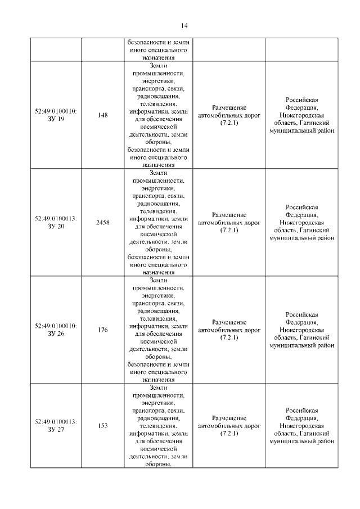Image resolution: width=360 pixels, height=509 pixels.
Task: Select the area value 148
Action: (103, 115)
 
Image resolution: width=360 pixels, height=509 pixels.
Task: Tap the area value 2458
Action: (103, 223)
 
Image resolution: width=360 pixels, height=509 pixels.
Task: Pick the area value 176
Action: (103, 330)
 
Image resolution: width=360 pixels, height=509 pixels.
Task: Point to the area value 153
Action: (103, 426)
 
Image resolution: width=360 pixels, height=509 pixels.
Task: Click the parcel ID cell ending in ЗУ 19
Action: (56, 115)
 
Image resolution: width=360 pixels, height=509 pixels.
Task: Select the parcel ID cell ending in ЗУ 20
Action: (56, 223)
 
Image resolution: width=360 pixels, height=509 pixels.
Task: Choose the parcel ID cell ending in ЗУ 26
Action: (56, 330)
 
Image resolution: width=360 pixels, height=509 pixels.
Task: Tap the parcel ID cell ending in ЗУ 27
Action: (56, 426)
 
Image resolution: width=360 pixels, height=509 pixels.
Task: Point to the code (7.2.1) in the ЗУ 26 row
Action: (229, 337)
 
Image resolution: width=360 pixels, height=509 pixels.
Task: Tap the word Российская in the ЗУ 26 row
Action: (302, 315)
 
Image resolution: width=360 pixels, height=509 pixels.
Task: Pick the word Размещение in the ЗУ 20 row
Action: (229, 215)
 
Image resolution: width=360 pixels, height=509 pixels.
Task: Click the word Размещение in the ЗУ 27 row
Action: (229, 418)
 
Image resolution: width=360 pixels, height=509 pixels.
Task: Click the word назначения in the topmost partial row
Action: (159, 57)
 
